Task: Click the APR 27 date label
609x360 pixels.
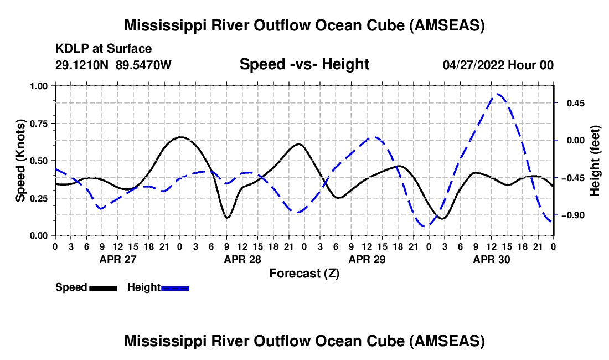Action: (117, 259)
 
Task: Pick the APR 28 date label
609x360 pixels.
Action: (242, 259)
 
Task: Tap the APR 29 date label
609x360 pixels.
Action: (367, 259)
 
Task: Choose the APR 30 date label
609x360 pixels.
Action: (491, 259)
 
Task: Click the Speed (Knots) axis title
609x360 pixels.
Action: (20, 160)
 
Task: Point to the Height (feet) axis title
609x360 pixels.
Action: (595, 160)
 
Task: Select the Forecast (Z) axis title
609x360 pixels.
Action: (304, 273)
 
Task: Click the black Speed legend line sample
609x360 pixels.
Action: (103, 287)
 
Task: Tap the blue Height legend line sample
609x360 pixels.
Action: (176, 287)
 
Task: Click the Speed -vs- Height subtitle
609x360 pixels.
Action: (304, 65)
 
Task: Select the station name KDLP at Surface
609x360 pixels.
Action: (104, 49)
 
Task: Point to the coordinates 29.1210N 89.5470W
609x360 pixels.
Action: (113, 65)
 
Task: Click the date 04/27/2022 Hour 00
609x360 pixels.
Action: (498, 65)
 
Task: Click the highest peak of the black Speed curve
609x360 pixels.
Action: (180, 137)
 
